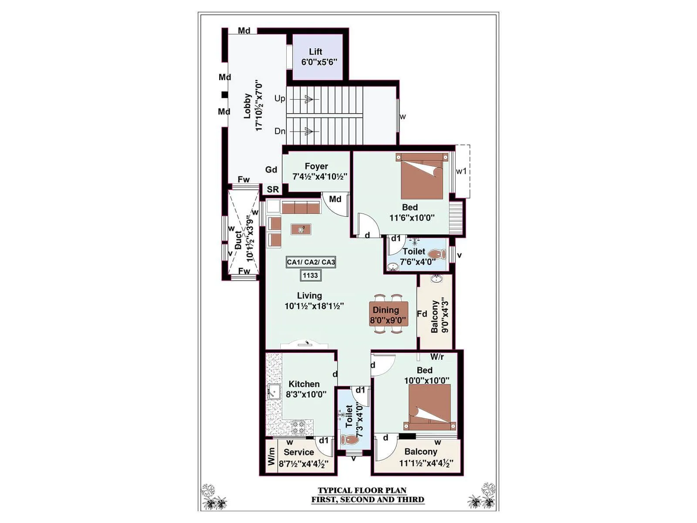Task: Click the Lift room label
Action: coord(315,51)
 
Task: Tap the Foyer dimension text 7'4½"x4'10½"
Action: coord(320,177)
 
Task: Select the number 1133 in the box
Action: coord(310,275)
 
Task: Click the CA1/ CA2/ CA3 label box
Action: coord(311,262)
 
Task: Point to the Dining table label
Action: coord(386,310)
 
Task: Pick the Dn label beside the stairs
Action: coord(280,131)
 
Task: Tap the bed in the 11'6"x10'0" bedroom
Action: coord(422,177)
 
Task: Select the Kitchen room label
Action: coord(304,384)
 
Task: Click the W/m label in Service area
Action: coord(271,457)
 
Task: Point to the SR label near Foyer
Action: coord(273,190)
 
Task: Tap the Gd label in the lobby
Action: coord(271,170)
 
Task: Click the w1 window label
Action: coord(461,171)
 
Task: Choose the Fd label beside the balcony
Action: coord(422,314)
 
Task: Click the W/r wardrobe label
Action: coord(437,357)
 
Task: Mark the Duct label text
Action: coord(238,240)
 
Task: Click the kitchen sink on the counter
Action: coord(273,391)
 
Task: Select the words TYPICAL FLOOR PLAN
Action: coord(362,491)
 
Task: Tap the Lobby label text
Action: coord(247,106)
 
